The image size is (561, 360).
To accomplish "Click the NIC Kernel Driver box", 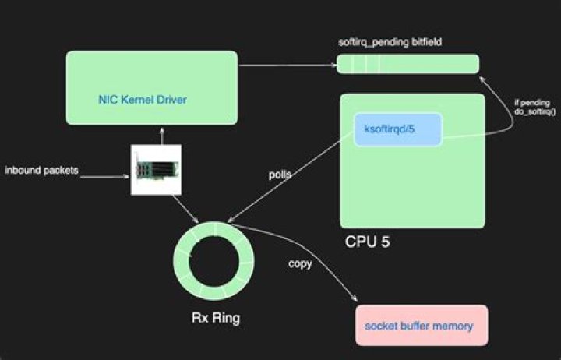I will (x=151, y=87).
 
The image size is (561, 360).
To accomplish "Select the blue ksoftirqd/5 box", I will (x=397, y=129).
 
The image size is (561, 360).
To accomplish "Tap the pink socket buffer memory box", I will (x=422, y=326).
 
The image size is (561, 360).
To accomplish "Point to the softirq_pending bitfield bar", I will (x=408, y=64).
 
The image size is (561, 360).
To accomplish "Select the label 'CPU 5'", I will (x=367, y=242).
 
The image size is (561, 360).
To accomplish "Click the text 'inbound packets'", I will (x=41, y=170).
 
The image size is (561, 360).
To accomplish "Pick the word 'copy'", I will (x=300, y=263).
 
